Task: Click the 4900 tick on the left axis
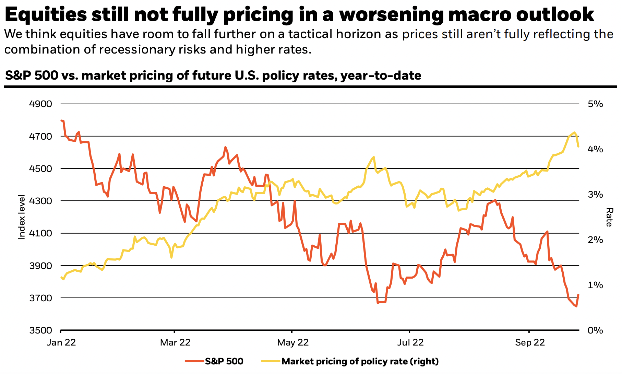pyautogui.click(x=40, y=104)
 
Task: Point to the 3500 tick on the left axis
pyautogui.click(x=40, y=330)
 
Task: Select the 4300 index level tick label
pyautogui.click(x=40, y=201)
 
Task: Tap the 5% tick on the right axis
pyautogui.click(x=595, y=104)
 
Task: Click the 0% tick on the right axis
pyautogui.click(x=595, y=330)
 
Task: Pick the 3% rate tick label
pyautogui.click(x=595, y=195)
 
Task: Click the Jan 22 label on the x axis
pyautogui.click(x=61, y=342)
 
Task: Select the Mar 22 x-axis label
pyautogui.click(x=175, y=342)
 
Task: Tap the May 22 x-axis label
pyautogui.click(x=293, y=342)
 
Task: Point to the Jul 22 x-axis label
pyautogui.click(x=410, y=342)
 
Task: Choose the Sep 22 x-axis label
pyautogui.click(x=530, y=342)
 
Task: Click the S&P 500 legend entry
pyautogui.click(x=224, y=361)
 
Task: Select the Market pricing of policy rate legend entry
pyautogui.click(x=360, y=361)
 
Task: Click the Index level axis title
pyautogui.click(x=22, y=217)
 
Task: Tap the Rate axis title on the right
pyautogui.click(x=609, y=217)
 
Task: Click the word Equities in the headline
pyautogui.click(x=46, y=14)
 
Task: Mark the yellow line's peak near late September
pyautogui.click(x=574, y=132)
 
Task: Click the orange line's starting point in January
pyautogui.click(x=61, y=120)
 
